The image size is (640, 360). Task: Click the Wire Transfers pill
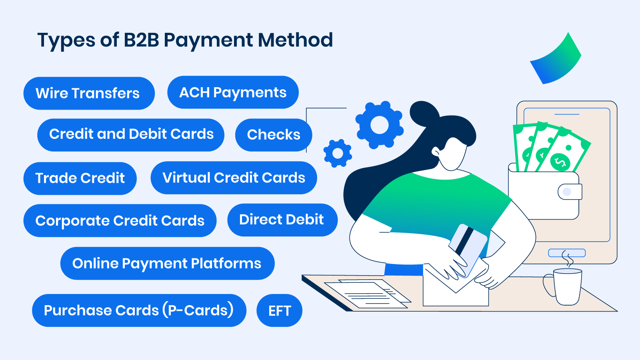89,93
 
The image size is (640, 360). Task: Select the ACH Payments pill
233,92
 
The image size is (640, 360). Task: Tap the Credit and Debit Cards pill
131,135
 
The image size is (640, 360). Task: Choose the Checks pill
274,135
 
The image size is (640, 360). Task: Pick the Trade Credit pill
80,178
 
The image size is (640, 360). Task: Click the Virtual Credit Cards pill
234,178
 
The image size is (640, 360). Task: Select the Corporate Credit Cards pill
120,220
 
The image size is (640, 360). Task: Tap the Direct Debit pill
282,220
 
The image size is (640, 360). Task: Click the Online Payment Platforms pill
168,264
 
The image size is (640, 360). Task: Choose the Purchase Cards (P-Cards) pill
139,310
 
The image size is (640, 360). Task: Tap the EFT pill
280,310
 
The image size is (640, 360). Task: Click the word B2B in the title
141,40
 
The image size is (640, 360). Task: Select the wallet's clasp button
567,192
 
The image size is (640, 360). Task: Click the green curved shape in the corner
556,60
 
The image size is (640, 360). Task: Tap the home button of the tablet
567,253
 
